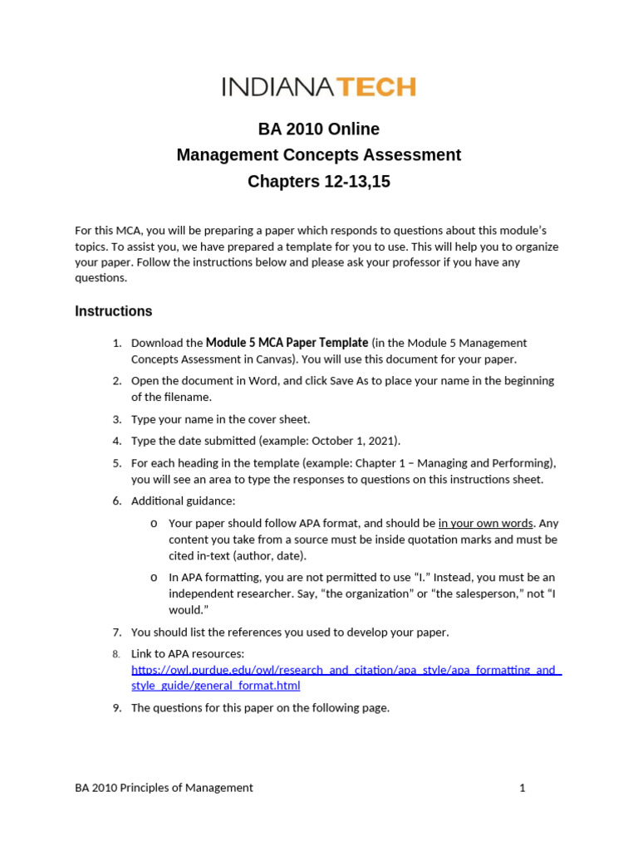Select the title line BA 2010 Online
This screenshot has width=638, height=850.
318,129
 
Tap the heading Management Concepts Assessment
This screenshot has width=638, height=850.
318,155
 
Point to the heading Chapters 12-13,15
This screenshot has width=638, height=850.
318,182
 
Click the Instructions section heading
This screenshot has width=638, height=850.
114,312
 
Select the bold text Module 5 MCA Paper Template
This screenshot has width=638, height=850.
287,343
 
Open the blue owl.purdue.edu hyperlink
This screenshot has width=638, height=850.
346,671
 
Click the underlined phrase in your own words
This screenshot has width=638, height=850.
485,524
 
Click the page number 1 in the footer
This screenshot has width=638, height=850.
523,788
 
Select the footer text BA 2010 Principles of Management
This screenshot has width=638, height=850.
164,788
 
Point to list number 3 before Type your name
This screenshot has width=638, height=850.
117,420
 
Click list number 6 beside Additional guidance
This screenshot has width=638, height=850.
117,501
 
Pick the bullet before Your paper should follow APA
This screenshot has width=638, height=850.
155,524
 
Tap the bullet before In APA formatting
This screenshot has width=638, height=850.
155,578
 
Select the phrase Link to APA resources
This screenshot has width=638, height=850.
188,654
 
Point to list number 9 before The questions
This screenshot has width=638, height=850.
117,708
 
